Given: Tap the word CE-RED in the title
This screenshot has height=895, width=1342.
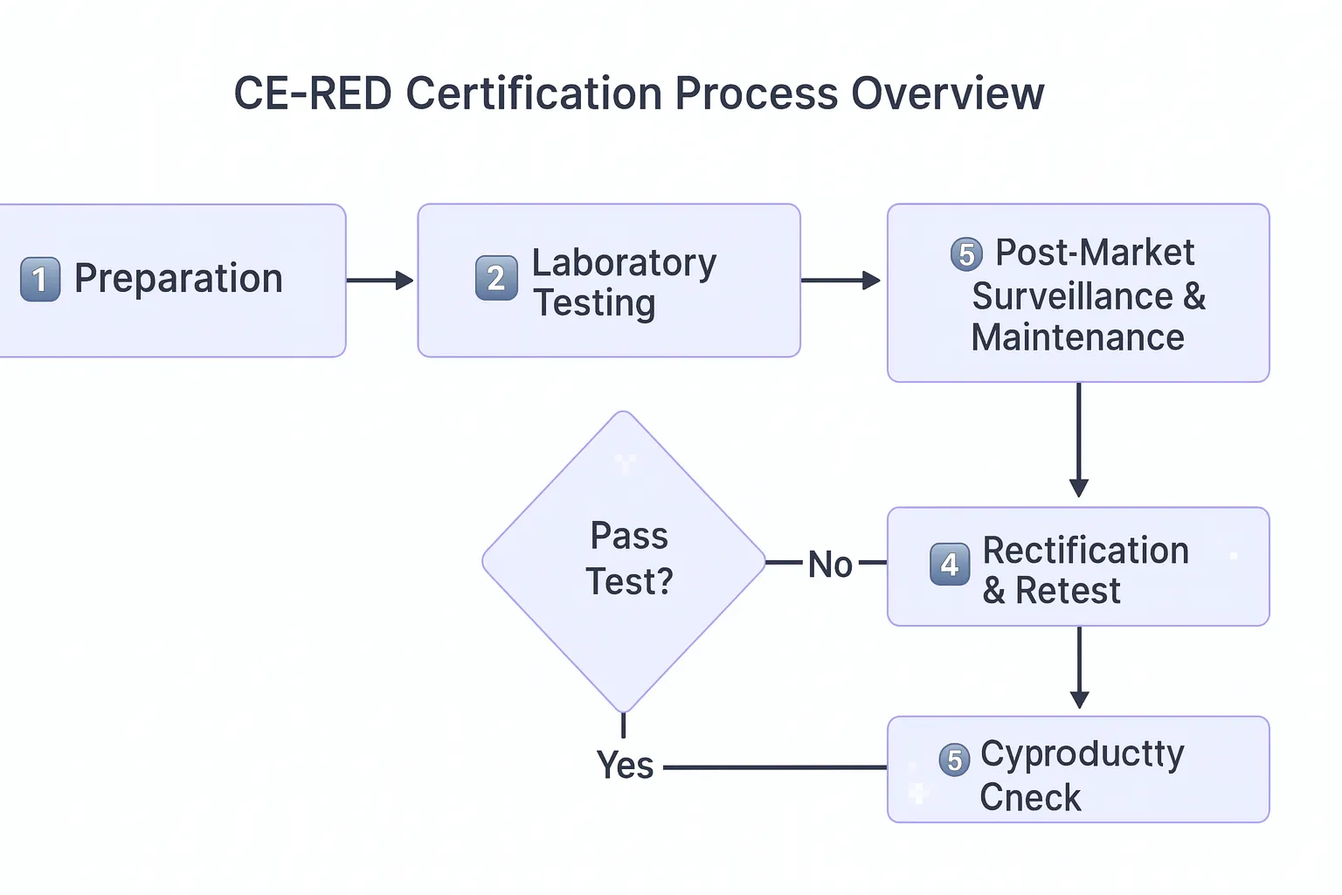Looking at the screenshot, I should click(x=313, y=94).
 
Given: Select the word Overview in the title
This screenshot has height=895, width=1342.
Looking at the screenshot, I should click(x=947, y=94).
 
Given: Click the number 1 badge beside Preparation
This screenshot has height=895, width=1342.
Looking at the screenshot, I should click(x=40, y=280).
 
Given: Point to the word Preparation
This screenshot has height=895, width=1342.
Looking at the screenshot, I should click(x=178, y=279).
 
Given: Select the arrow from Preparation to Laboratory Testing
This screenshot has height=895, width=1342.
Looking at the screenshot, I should click(x=380, y=281).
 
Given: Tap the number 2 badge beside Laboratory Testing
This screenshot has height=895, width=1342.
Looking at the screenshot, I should click(x=496, y=278).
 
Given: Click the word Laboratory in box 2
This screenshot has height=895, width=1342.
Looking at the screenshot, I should click(x=624, y=262).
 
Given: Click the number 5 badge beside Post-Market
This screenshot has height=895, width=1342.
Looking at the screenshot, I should click(x=966, y=254).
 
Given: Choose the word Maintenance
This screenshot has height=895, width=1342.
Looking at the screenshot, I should click(x=1077, y=337).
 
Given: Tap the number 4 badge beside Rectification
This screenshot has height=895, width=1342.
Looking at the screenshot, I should click(x=950, y=565).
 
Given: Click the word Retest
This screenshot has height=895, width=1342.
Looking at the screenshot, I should click(x=1068, y=592).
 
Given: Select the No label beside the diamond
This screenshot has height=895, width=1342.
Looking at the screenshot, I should click(x=829, y=565).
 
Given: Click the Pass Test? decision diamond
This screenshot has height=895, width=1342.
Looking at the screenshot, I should click(x=624, y=559).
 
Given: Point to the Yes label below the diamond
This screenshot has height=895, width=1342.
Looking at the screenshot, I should click(x=625, y=766).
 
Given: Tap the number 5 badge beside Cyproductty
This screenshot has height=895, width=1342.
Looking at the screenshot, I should click(x=954, y=760).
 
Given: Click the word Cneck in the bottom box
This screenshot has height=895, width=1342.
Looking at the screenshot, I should click(x=1030, y=797).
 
